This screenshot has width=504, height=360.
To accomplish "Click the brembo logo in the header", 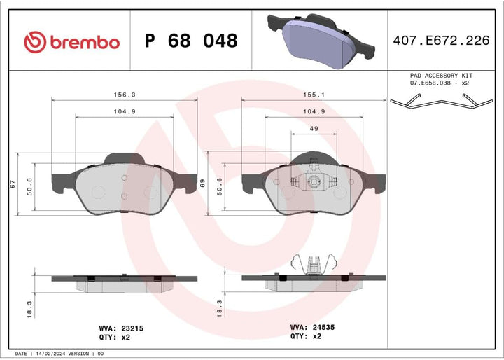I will coord(72,41).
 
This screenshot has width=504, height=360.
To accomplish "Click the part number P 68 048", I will coord(190,41).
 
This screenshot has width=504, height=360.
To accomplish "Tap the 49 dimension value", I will coord(314,128).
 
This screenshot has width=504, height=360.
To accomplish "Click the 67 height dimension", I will coord(12,184).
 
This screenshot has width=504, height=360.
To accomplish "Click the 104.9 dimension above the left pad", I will coord(125,111).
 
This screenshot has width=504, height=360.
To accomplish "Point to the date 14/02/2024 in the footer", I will coord(53,354).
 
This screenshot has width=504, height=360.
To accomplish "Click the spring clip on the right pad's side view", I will coord(314,264).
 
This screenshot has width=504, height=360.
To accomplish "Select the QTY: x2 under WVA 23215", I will coord(111,337).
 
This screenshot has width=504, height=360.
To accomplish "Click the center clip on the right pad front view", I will coord(314,182).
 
